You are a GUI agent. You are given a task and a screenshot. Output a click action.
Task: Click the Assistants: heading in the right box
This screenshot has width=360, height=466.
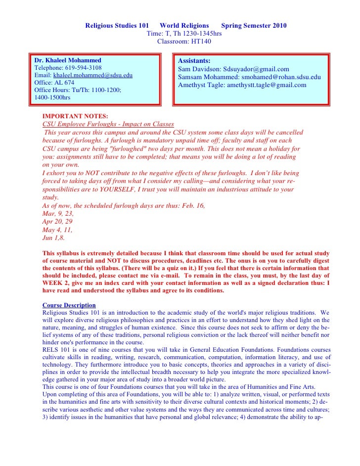[194, 60]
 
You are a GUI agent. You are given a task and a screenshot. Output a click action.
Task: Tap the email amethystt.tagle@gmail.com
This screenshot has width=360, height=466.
[267, 85]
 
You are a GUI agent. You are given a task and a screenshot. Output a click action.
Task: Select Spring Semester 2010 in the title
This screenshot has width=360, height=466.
[254, 26]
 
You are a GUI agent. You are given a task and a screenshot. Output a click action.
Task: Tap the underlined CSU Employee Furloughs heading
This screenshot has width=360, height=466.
[108, 124]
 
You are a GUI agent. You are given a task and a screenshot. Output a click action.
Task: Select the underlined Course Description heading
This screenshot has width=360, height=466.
[69, 305]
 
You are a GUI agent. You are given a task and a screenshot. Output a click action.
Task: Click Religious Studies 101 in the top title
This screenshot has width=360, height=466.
[117, 26]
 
